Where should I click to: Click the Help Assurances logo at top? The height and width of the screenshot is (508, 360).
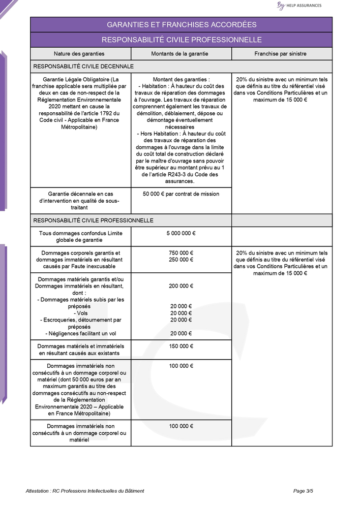click(x=299, y=6)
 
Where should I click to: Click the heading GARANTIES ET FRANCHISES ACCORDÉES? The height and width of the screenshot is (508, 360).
click(x=181, y=24)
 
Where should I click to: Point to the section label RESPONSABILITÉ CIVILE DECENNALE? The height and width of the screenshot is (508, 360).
click(x=83, y=66)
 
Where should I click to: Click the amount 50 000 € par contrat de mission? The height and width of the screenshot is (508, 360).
click(x=181, y=194)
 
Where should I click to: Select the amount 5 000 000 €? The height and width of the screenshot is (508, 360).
click(x=181, y=233)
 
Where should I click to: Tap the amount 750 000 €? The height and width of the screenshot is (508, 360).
click(x=181, y=252)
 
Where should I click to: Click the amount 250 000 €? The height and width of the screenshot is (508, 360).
click(x=181, y=260)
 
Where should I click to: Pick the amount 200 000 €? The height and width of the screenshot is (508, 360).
click(x=181, y=286)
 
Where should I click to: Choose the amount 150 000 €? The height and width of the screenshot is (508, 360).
click(x=181, y=346)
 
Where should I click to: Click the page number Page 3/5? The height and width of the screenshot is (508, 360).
click(x=303, y=491)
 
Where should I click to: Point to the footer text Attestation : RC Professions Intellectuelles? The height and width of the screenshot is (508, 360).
click(x=85, y=491)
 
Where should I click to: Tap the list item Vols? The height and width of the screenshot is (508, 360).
click(x=80, y=313)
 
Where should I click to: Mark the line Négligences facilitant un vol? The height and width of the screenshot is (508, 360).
click(x=80, y=333)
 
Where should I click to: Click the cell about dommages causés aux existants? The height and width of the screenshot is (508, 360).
click(x=80, y=350)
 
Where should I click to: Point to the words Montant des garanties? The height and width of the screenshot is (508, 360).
click(x=181, y=79)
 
